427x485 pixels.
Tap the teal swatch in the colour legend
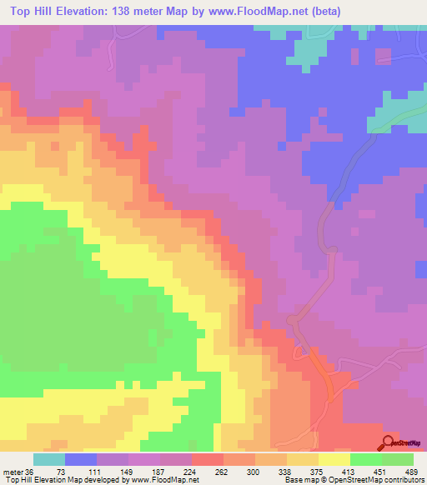(49, 459)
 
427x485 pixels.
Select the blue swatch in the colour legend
(81, 459)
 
